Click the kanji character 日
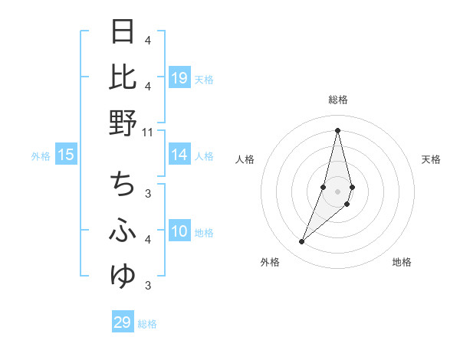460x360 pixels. (123, 32)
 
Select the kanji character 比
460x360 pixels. (123, 77)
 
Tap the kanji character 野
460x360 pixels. (123, 122)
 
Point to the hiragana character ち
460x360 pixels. (123, 185)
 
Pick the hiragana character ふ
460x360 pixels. (123, 231)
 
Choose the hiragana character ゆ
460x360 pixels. (123, 275)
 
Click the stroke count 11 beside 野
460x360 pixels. (148, 133)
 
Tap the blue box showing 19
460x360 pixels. (179, 78)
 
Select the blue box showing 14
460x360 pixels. (179, 155)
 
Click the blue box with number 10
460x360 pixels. (179, 231)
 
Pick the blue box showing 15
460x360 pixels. (66, 155)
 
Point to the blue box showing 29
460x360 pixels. (123, 322)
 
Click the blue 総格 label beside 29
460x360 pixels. (147, 324)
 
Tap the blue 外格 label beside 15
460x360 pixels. (41, 156)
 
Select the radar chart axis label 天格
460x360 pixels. (431, 159)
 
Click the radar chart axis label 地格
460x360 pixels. (402, 262)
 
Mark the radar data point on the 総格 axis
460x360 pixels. (337, 129)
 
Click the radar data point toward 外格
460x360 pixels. (302, 242)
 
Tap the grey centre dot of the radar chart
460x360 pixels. (337, 191)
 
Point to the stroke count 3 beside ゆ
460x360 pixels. (148, 286)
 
